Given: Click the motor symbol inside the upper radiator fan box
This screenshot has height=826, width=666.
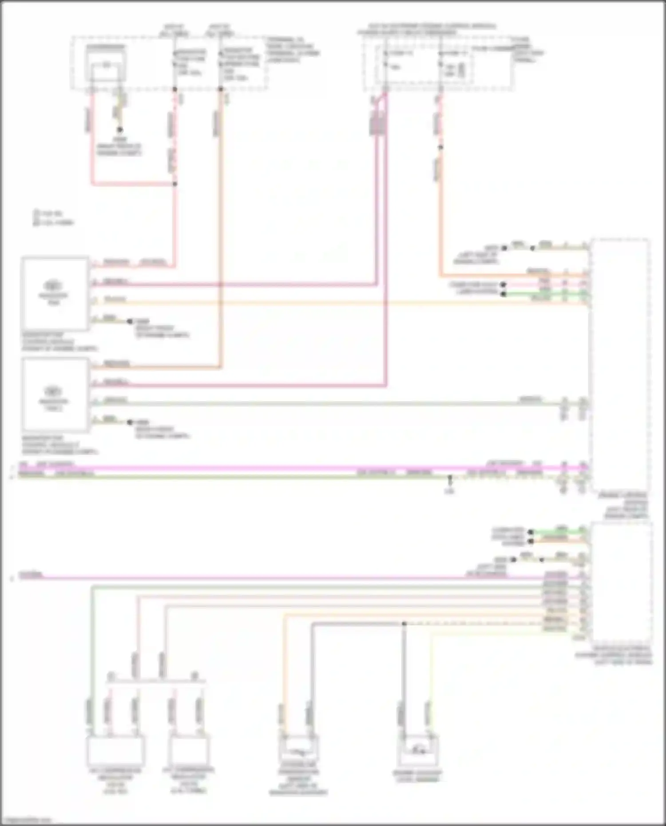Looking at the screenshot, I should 53,285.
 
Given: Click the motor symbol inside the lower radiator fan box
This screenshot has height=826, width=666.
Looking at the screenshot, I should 53,391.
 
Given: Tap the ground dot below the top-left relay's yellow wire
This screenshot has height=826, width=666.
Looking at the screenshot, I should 119,130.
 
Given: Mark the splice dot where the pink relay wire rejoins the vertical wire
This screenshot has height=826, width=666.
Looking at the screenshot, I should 175,184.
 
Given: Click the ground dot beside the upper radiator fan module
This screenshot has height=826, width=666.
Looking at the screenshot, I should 130,321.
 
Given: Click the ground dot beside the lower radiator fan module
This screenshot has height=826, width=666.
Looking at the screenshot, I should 130,422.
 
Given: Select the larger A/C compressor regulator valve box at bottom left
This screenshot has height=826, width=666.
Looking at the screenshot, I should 115,750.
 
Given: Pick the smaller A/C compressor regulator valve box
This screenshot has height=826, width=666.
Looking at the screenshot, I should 188,750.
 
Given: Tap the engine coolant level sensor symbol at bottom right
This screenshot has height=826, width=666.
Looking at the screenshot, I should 418,750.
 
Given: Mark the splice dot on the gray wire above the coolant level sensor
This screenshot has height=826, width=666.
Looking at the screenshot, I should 404,624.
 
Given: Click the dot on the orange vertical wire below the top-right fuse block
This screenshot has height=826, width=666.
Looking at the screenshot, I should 440,147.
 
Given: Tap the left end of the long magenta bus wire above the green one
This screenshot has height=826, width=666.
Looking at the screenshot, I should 20,467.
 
